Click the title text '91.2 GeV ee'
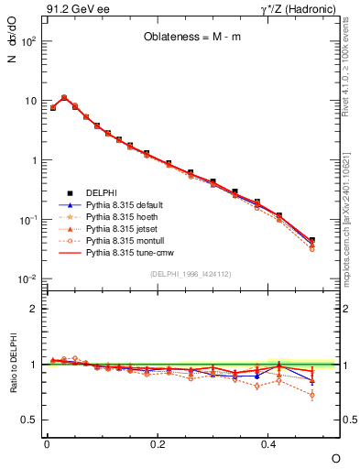click(71, 10)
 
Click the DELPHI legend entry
click(102, 191)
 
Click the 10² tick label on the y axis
click(29, 41)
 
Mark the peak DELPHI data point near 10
click(64, 97)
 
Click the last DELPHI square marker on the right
click(312, 240)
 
